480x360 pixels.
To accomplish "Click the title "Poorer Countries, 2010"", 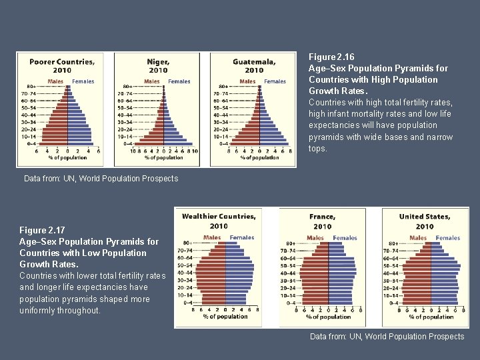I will [x=61, y=66].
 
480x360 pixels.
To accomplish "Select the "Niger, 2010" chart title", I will [x=158, y=66].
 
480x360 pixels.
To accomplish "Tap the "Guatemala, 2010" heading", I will [x=253, y=66].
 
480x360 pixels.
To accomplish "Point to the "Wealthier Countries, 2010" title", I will [x=219, y=221].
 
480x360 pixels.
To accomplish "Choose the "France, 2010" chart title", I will [x=323, y=221].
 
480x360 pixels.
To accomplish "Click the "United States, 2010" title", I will [x=425, y=221].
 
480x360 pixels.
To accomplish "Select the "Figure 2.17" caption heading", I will [x=42, y=230].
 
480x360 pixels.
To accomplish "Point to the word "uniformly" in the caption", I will [x=41, y=311].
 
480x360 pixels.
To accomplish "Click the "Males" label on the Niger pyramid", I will [x=151, y=81].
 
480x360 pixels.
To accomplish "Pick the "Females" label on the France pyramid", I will [x=345, y=237].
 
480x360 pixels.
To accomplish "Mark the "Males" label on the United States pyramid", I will [x=418, y=237].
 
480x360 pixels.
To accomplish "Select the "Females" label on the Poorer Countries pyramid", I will [x=83, y=81].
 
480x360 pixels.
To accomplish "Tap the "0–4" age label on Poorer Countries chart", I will [x=32, y=143].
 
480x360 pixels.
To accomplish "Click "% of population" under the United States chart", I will [x=431, y=317].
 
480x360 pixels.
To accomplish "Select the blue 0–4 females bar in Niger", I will [x=177, y=143].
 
